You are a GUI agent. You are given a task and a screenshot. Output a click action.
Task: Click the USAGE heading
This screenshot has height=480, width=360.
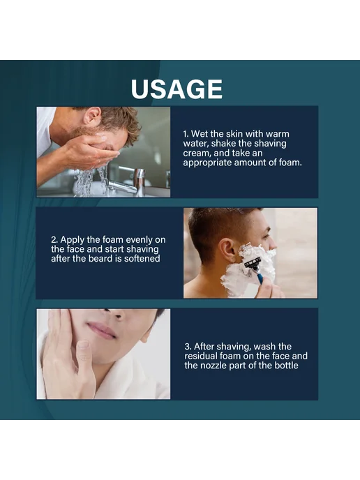click(177, 89)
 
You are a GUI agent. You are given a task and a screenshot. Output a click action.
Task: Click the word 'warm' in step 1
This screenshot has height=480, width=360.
click(277, 134)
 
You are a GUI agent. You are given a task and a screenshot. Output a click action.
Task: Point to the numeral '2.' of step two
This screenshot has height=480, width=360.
click(54, 240)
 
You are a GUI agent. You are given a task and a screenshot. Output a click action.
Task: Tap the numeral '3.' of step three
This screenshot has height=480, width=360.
click(188, 347)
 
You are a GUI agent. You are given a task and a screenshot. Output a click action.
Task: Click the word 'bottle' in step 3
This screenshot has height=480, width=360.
click(286, 366)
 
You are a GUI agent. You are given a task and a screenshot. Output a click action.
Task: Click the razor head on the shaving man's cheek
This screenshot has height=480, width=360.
click(252, 262)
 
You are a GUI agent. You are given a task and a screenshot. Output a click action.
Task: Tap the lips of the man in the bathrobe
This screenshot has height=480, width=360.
click(101, 330)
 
